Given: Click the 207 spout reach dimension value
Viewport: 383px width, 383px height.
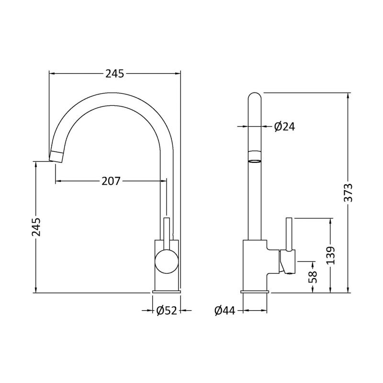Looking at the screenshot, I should point(111,181).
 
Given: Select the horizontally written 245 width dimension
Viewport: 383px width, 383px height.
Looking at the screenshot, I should point(115,73).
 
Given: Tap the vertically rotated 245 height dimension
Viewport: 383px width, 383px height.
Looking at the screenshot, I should point(36,227).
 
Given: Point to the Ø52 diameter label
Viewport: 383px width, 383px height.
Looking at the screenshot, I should point(167,311).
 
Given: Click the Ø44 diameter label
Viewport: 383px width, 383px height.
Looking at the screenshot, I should point(225,311).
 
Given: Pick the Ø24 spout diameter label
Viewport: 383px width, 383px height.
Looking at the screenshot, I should point(284,126).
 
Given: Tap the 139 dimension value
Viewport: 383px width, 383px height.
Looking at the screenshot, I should point(331,256).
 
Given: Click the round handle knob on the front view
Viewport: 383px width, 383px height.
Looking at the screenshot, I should point(166,262).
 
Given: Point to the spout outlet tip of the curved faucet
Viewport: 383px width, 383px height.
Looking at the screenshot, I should point(56,156).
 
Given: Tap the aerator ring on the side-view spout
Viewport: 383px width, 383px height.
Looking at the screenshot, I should point(255,157).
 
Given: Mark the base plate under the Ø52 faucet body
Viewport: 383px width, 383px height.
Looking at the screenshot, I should point(167,291).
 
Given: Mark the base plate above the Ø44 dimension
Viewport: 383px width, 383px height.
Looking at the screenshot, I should point(255,291).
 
